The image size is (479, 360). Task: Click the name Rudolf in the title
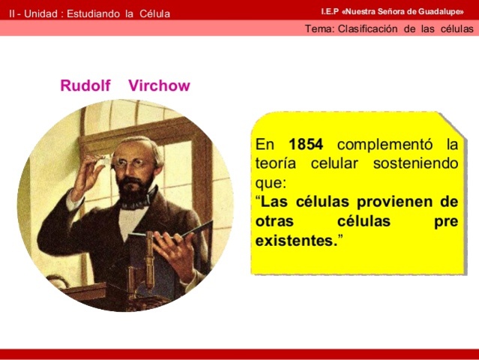point(85,85)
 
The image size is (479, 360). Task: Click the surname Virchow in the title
point(159,85)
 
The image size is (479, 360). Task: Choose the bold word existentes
point(295,241)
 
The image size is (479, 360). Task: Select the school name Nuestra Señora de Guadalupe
point(405,12)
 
